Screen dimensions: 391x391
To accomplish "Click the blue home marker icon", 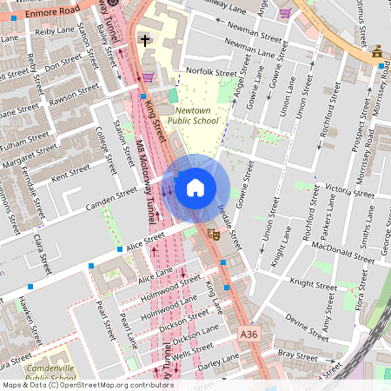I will pos(195,187).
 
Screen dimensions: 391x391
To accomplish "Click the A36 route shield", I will pos(249,332).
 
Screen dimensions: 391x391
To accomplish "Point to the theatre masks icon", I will pos(212,234).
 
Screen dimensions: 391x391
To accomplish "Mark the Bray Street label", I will pos(298,354).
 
